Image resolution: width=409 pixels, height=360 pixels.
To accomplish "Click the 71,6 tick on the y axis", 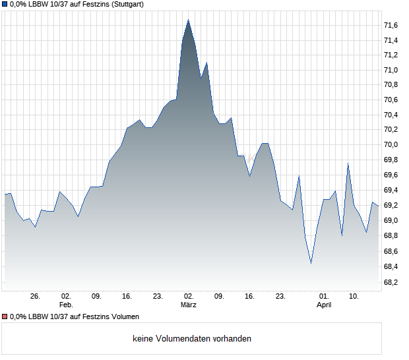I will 391,25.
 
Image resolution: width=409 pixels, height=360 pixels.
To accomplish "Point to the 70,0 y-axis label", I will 391,144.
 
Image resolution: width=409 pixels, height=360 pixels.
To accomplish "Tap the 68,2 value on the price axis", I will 391,282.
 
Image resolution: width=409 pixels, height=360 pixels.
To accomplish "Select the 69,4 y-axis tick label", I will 391,190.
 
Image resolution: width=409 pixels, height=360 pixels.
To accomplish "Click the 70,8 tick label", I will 391,84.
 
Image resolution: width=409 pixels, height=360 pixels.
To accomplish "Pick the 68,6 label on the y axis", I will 391,252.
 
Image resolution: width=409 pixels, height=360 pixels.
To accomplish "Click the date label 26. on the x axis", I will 35,297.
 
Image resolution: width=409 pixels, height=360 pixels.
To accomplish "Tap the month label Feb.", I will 66,305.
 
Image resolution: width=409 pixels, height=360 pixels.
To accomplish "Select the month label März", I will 189,305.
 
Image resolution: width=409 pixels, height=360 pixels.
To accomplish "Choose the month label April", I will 324,305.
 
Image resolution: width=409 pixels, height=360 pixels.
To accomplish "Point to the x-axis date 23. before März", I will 158,297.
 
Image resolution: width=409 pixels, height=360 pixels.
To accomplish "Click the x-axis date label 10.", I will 354,297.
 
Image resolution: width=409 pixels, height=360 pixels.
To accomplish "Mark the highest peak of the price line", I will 189,20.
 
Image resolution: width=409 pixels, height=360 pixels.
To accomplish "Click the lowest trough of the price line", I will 311,263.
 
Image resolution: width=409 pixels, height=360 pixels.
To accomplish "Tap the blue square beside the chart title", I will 5,4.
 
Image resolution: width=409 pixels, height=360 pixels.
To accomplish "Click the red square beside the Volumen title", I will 5,317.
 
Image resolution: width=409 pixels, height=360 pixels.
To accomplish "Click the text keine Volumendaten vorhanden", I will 192,339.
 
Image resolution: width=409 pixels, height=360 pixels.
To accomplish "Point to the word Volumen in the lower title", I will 123,317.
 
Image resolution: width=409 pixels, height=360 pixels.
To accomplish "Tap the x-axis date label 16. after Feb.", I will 127,297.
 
